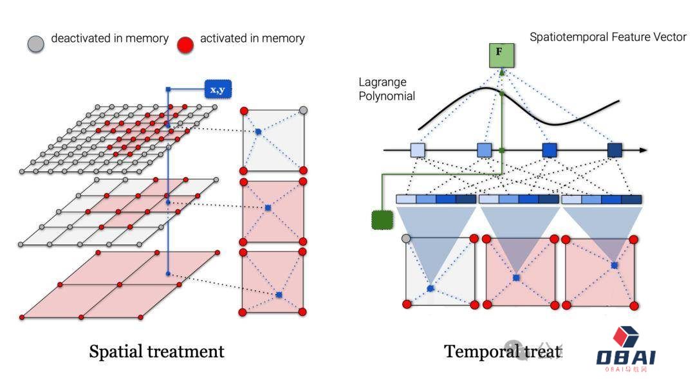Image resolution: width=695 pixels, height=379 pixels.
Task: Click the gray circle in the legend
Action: [36, 43]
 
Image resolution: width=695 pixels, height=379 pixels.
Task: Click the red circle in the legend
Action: [185, 44]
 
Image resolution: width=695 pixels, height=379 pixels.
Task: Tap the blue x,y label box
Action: [218, 89]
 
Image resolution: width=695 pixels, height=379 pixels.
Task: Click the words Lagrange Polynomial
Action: [387, 89]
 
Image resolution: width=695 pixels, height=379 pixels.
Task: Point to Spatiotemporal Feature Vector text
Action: [608, 37]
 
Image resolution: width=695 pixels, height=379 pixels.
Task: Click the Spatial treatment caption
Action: [156, 351]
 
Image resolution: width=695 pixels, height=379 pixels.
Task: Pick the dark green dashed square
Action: [382, 219]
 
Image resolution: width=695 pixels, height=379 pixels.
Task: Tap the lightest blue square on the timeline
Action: [418, 150]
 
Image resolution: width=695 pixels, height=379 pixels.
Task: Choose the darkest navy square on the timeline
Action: [615, 150]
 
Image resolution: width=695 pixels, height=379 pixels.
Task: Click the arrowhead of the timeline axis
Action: [644, 150]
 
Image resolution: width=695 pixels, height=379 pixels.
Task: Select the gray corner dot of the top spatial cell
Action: [303, 111]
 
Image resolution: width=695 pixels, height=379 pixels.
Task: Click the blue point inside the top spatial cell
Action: [257, 132]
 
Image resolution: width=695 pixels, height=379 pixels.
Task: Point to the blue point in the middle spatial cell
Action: [268, 208]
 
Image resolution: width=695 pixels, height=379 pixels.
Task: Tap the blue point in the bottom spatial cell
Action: [279, 295]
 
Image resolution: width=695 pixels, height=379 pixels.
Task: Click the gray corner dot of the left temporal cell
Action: [406, 239]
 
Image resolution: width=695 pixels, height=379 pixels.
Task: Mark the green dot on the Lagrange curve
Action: [502, 95]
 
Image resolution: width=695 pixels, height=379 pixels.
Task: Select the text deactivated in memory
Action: [109, 39]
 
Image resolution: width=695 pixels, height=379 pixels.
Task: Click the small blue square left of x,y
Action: [169, 89]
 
